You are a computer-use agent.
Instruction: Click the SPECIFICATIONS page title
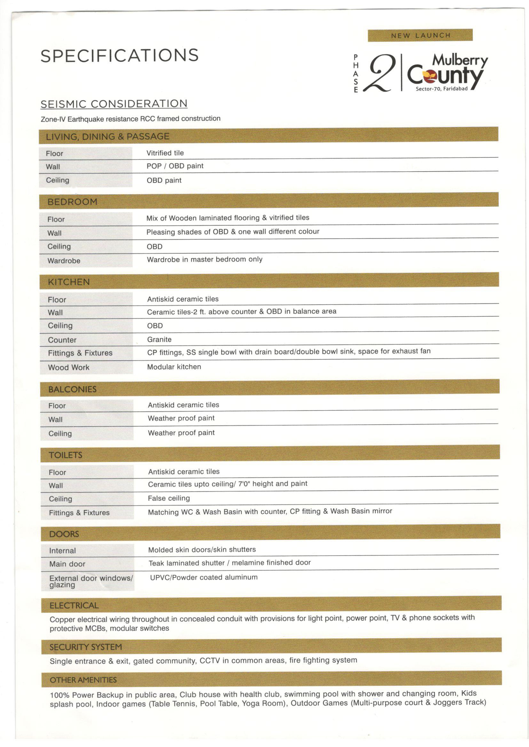(120, 56)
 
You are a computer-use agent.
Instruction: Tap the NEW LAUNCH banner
(420, 35)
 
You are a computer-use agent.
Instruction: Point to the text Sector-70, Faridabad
(441, 89)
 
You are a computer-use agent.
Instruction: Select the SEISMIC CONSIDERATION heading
(114, 104)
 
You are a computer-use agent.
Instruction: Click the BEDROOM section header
(72, 202)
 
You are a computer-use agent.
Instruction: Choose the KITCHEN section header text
(69, 282)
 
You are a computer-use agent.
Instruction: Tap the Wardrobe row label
(64, 261)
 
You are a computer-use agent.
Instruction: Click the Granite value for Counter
(159, 339)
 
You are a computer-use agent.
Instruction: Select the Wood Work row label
(69, 367)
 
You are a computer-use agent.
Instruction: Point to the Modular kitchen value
(174, 367)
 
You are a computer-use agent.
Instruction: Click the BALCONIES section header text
(72, 389)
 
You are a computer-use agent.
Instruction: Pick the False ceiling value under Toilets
(169, 498)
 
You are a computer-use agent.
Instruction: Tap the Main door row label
(67, 564)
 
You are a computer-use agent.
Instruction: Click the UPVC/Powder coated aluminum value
(204, 577)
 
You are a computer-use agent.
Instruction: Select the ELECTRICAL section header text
(74, 605)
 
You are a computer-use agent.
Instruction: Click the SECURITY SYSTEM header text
(86, 647)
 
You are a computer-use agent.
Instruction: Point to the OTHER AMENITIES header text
(83, 680)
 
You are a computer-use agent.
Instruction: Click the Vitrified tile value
(165, 153)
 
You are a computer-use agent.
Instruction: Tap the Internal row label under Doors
(63, 551)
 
